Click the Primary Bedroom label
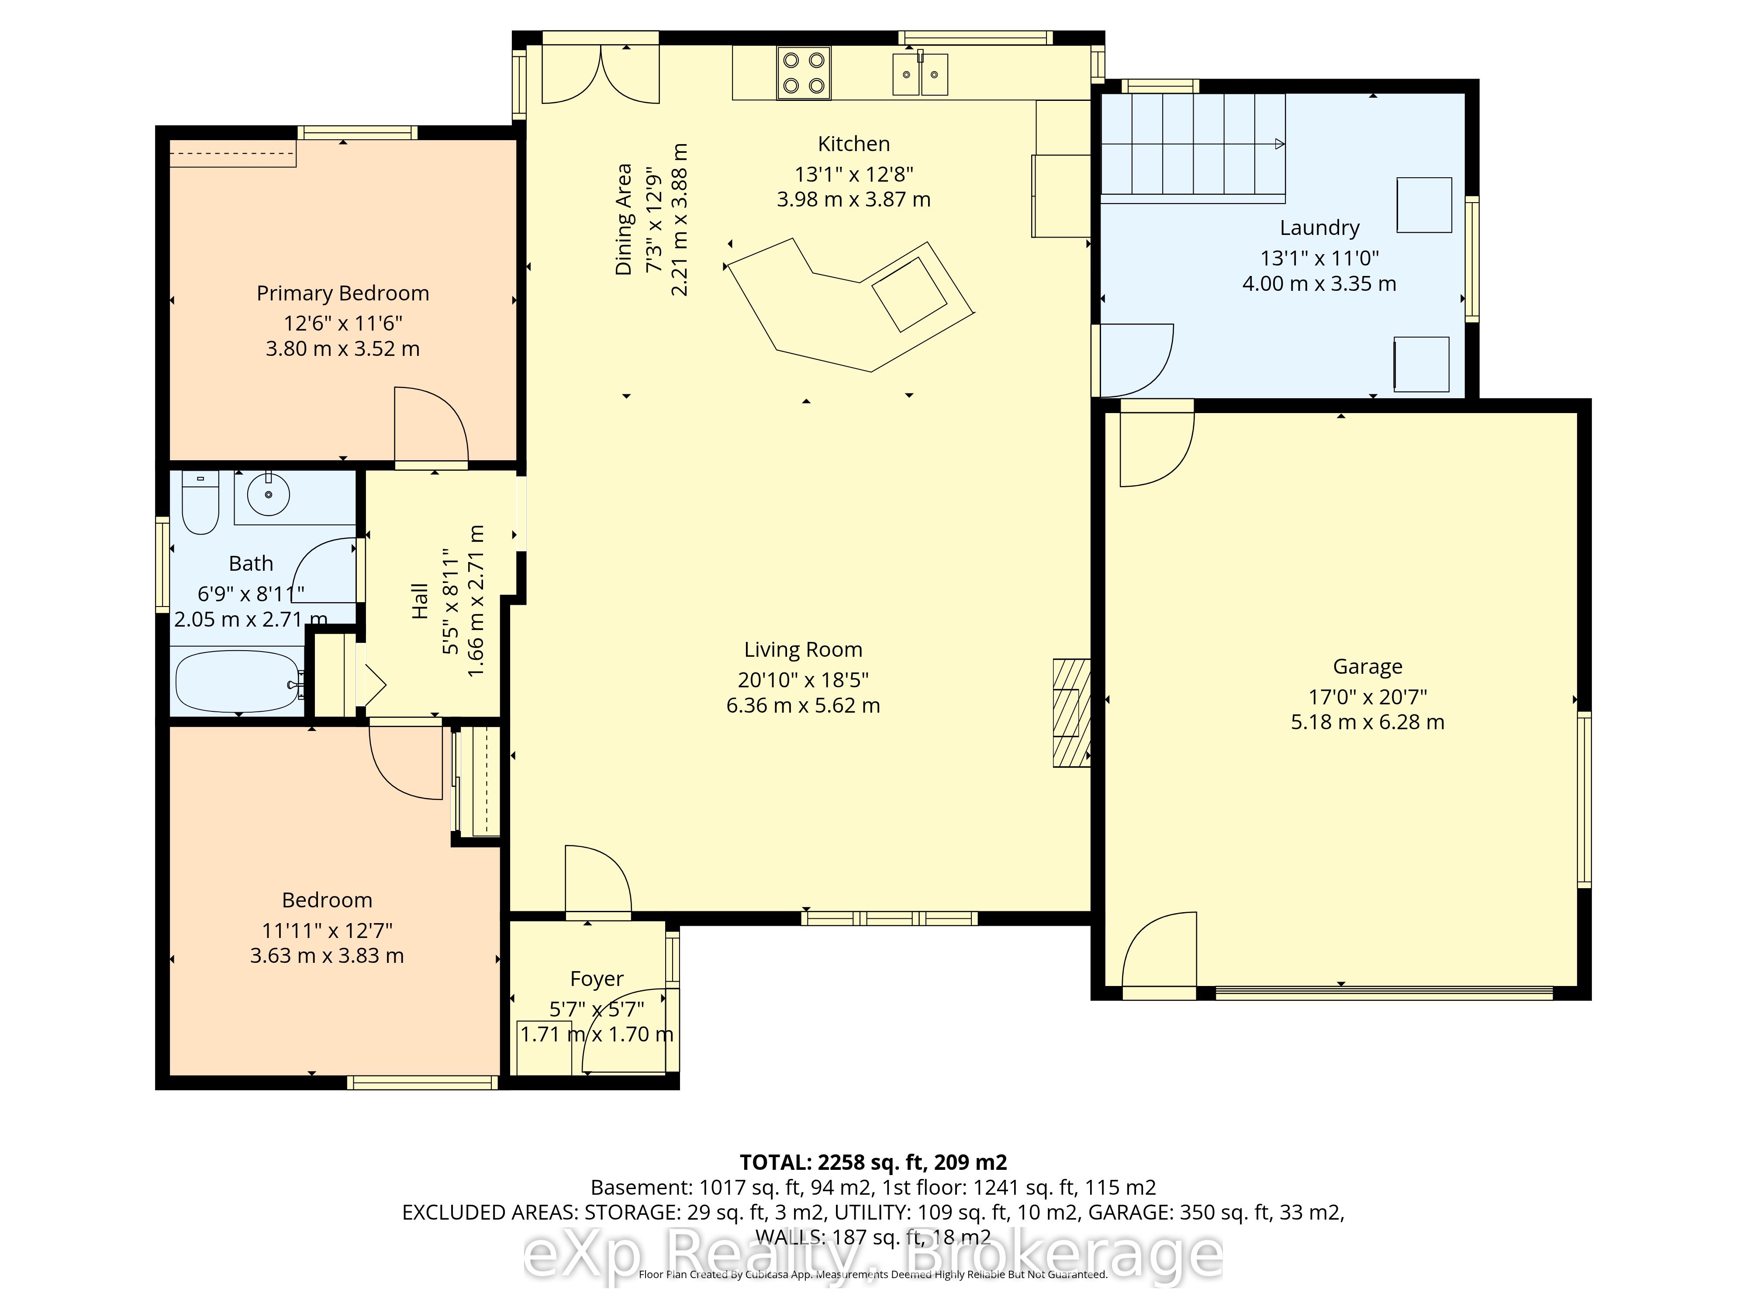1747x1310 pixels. [343, 294]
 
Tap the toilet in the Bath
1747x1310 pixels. [200, 502]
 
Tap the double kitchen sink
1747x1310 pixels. [920, 74]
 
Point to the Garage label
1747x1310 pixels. [1368, 667]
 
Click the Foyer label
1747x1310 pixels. [597, 979]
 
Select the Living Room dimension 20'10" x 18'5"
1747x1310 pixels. [803, 680]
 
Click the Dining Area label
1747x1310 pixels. [624, 220]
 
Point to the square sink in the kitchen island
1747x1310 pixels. [909, 293]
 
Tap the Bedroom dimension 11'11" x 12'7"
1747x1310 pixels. [327, 931]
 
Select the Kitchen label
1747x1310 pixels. [854, 144]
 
